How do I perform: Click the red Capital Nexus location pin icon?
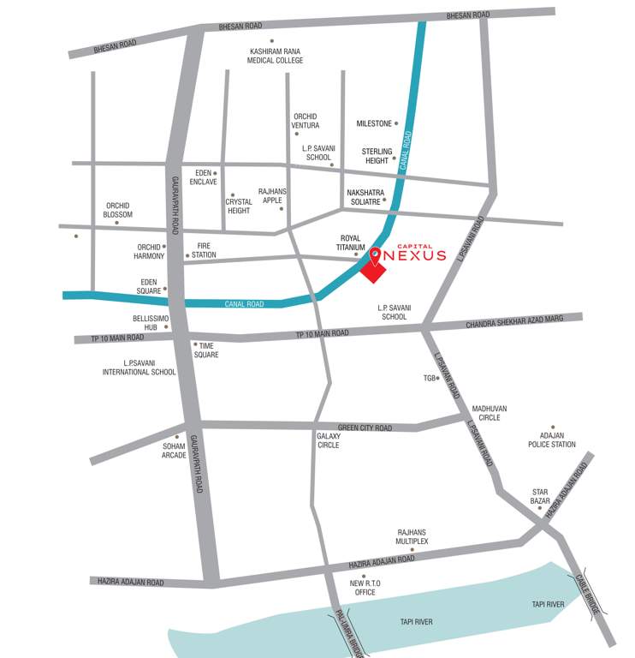coord(375,254)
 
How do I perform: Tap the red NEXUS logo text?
coord(417,255)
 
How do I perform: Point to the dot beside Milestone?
coord(396,123)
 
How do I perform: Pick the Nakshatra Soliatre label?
coord(365,196)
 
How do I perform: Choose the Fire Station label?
coord(204,250)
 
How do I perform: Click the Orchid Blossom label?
coord(118,210)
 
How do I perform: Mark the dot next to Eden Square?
coord(165,290)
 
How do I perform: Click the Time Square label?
coord(206,350)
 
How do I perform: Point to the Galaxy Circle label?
coord(328,440)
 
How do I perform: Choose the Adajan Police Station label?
coord(552,440)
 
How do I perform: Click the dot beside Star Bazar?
coord(539,507)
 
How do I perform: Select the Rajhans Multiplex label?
coord(412,537)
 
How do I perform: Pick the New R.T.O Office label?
coord(364,588)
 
